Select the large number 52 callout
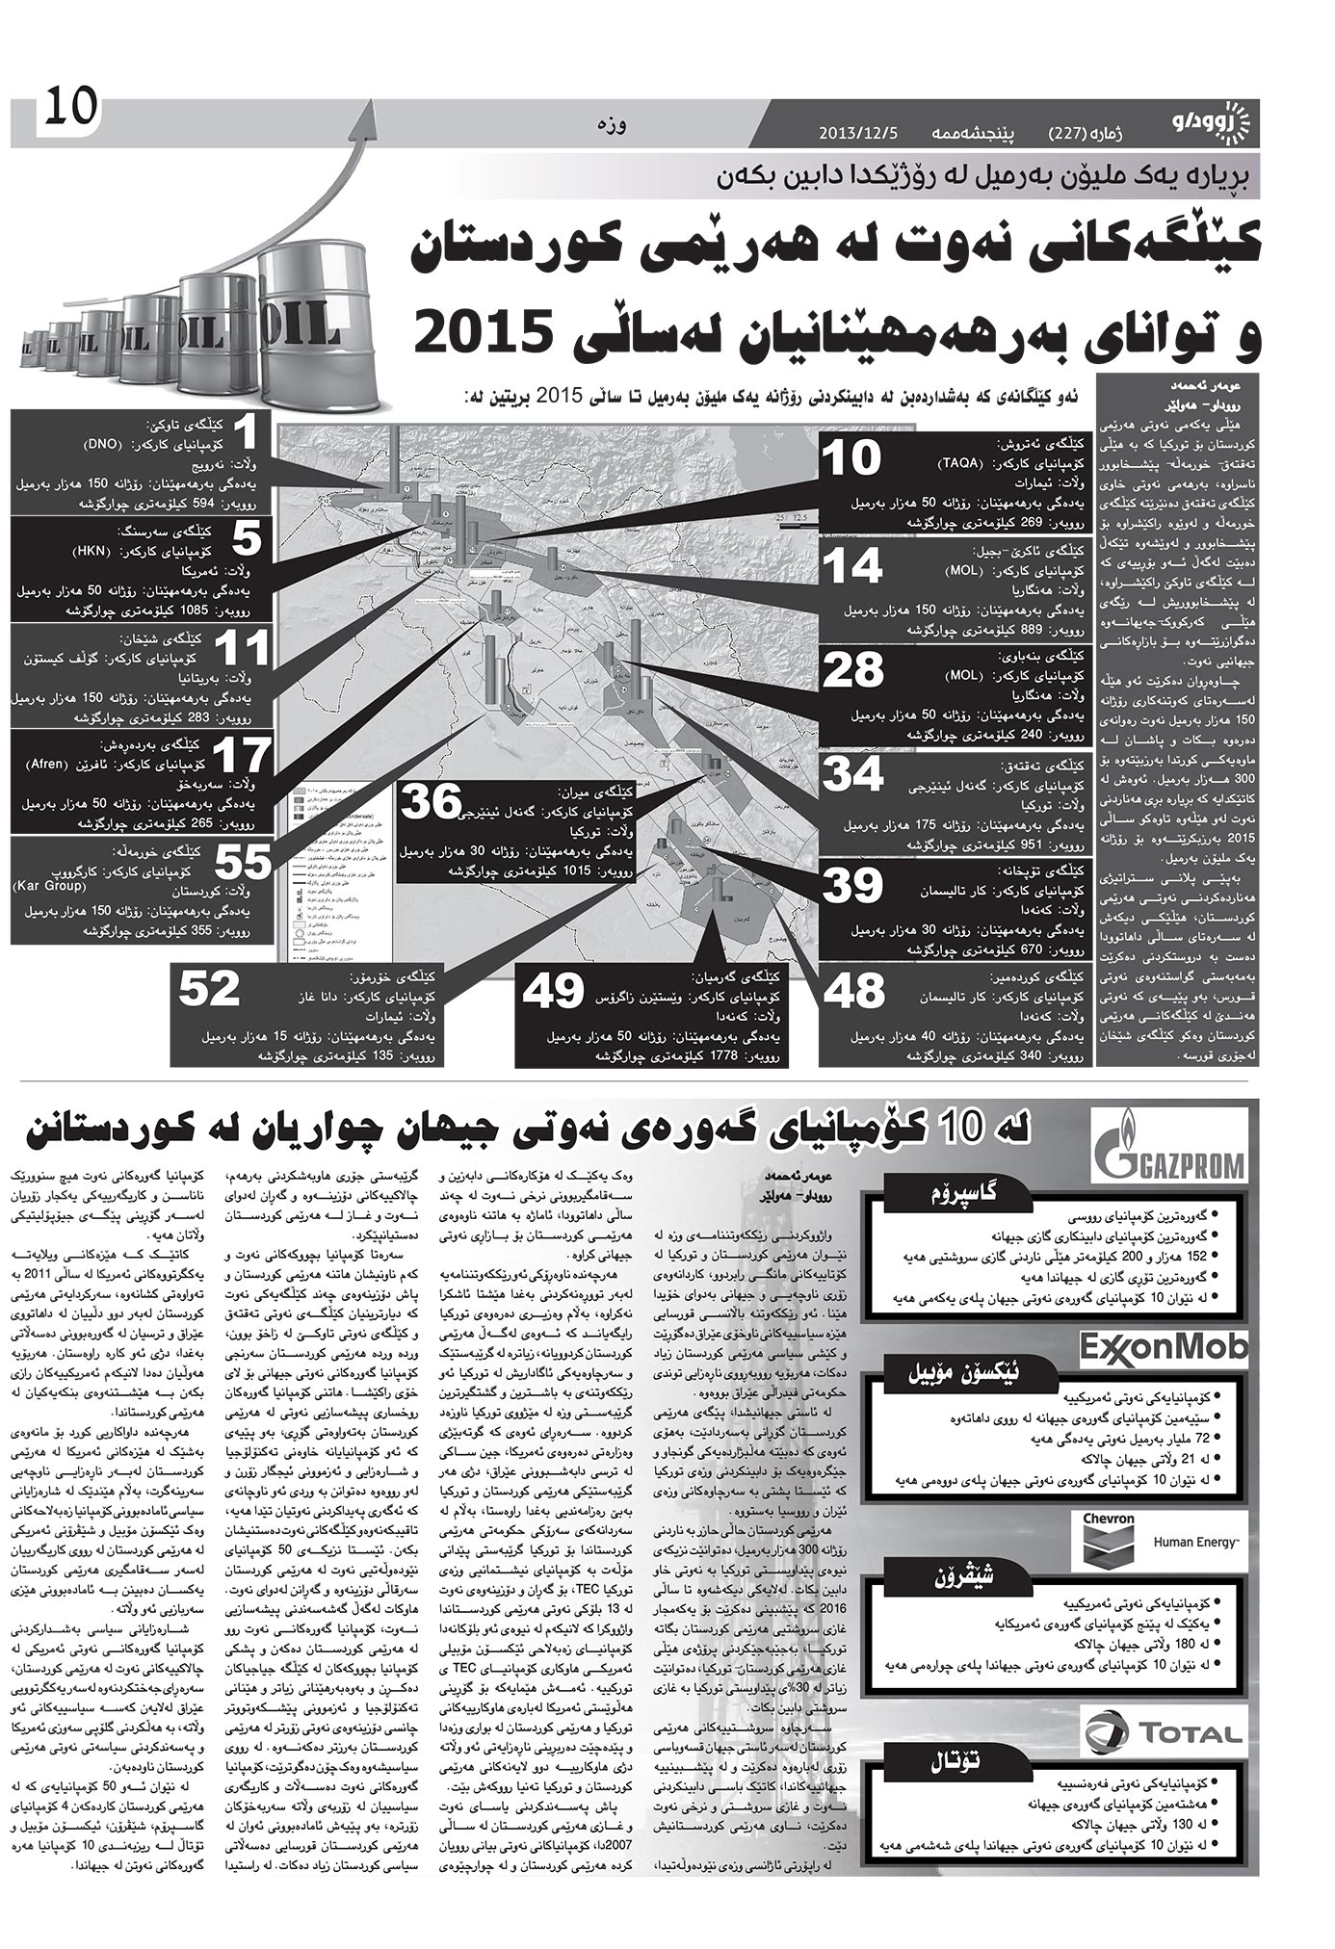[209, 988]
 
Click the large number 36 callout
[431, 802]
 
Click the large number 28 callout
[853, 670]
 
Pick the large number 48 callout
[853, 989]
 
